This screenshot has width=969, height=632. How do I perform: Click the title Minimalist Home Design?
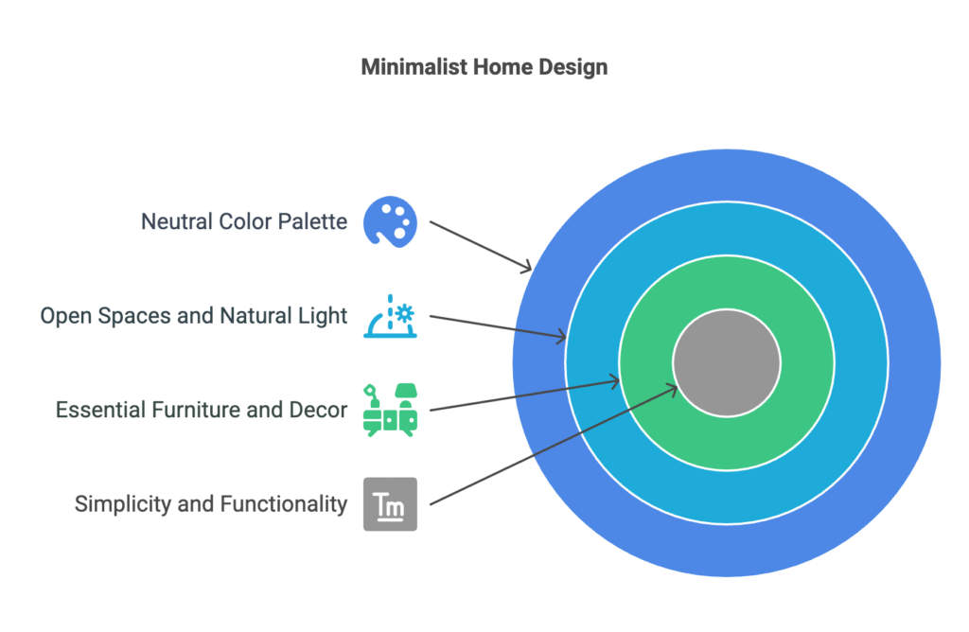tap(484, 67)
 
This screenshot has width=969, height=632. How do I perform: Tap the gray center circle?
tap(727, 363)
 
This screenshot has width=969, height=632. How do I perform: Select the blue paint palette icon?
tap(390, 221)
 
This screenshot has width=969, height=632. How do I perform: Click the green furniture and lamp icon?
tap(390, 411)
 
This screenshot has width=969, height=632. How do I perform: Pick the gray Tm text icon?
tap(390, 504)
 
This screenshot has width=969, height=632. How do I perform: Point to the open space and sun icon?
tap(390, 316)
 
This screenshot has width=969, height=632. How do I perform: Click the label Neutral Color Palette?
tap(244, 221)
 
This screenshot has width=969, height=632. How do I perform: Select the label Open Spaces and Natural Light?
tap(193, 316)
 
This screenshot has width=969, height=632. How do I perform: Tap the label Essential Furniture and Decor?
tap(202, 410)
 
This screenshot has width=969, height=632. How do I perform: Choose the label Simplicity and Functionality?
tap(211, 504)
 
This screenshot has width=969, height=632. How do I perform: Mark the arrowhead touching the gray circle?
tap(671, 389)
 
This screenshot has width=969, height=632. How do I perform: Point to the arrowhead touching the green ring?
tap(613, 382)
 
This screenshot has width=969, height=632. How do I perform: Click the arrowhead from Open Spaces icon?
tap(560, 337)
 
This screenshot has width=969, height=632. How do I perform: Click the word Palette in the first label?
tap(312, 221)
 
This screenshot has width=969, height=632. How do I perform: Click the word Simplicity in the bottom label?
tap(122, 504)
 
